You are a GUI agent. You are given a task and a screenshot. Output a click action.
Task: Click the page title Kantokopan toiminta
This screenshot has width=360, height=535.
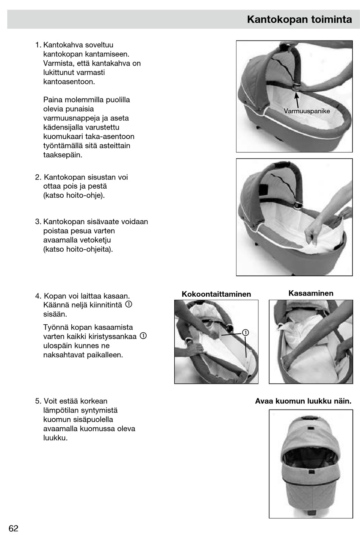tap(299, 19)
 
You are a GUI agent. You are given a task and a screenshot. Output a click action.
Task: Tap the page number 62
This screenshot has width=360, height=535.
tap(13, 528)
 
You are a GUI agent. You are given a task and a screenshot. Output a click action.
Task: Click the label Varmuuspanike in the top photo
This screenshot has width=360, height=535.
tap(307, 111)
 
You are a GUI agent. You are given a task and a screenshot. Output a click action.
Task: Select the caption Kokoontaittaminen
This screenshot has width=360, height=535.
tap(216, 294)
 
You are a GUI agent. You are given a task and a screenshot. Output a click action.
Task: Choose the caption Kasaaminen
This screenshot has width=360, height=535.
tap(311, 293)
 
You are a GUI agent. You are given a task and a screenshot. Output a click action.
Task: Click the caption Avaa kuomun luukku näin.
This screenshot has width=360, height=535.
tap(303, 401)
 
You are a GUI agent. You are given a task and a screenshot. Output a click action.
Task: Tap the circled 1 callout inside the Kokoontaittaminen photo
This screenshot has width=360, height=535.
tap(245, 333)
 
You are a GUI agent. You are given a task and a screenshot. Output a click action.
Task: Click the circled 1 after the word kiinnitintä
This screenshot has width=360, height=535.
tap(128, 305)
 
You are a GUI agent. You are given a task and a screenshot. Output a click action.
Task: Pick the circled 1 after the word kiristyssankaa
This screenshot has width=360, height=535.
tap(143, 336)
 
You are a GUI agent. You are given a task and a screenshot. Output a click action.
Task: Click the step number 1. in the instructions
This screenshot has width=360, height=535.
tap(38, 45)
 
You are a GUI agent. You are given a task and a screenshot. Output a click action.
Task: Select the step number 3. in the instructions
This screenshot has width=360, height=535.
tap(38, 222)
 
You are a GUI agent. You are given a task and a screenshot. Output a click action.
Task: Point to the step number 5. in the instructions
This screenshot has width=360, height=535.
tap(38, 401)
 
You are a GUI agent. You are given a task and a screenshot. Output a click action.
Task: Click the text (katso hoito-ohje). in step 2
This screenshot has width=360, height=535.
tap(74, 196)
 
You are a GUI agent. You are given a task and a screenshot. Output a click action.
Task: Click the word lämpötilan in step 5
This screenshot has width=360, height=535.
tap(61, 410)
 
